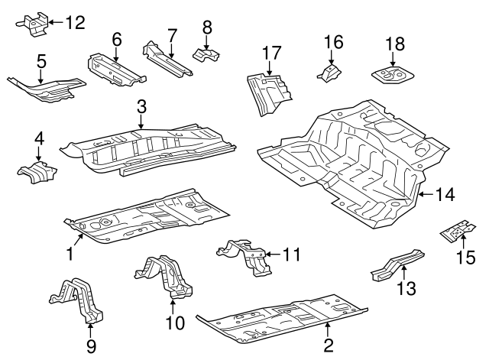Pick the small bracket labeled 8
206,54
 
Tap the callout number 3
141,106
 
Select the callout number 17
268,54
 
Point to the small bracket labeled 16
329,73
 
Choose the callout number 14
445,195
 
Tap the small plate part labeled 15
455,231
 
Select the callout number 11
293,252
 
